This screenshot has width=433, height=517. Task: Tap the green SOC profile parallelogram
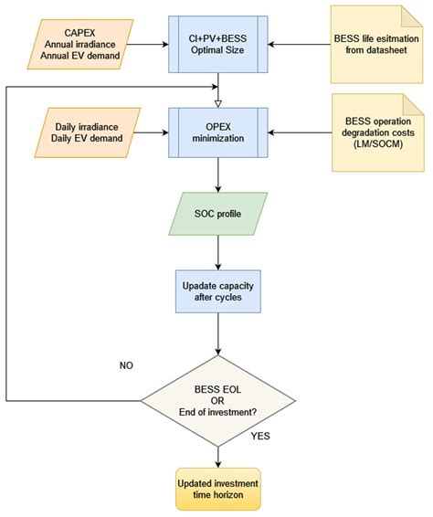click(218, 215)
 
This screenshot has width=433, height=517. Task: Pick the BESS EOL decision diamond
click(218, 399)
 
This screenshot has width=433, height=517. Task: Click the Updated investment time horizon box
click(218, 490)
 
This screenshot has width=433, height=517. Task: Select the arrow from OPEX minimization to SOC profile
click(218, 175)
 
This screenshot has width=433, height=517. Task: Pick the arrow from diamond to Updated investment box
click(218, 453)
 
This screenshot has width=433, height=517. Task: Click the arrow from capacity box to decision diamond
click(218, 338)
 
